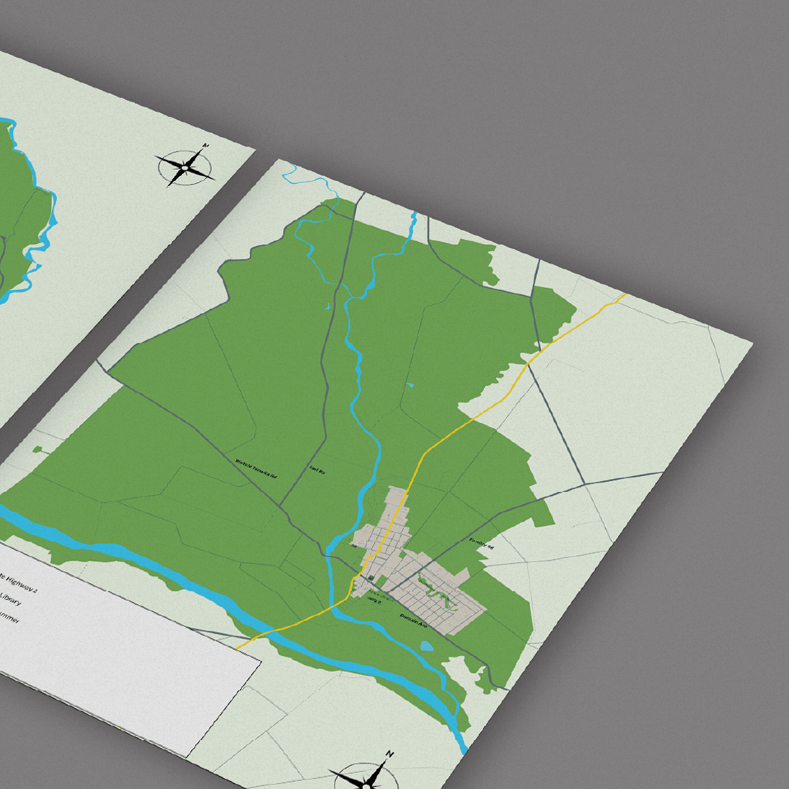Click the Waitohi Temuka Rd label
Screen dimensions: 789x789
[x=256, y=470]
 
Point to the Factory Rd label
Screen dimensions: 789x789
[x=481, y=543]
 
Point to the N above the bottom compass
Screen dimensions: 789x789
[x=389, y=754]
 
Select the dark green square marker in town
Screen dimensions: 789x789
[x=371, y=578]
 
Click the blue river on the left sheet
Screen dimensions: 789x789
[x=36, y=238]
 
